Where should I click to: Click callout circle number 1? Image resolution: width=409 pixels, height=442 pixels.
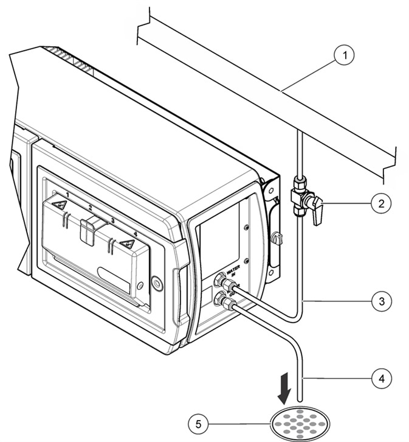coord(345,56)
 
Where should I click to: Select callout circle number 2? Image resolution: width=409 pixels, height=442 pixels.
coord(381,203)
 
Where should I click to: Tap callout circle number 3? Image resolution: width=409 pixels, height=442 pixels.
coord(381,300)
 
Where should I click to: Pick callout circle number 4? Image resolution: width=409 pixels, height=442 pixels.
coord(381,377)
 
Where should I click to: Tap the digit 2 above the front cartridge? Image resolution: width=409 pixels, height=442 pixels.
coord(89,208)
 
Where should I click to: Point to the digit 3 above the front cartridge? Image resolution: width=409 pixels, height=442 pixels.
coord(112,222)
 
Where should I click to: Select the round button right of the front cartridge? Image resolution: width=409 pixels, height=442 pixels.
coord(157,282)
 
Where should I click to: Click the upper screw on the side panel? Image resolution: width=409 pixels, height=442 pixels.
coord(246,226)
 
